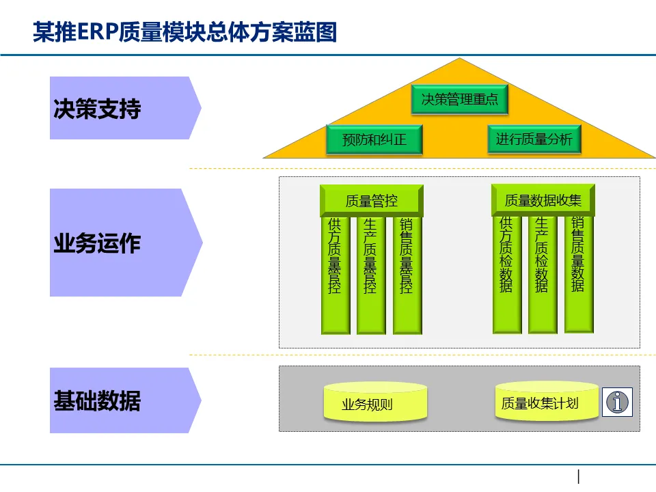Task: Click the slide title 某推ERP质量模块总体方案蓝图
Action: point(185,31)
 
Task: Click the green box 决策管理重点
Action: point(459,100)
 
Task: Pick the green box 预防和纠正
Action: point(374,140)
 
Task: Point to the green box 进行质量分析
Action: point(534,139)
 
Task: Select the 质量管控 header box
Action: point(371,200)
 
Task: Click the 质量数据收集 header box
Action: point(543,200)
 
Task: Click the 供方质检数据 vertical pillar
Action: point(506,273)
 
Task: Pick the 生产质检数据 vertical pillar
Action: point(542,273)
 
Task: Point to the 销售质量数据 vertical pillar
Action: point(578,273)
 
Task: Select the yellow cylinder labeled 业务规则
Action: point(375,402)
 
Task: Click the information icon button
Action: point(618,402)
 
